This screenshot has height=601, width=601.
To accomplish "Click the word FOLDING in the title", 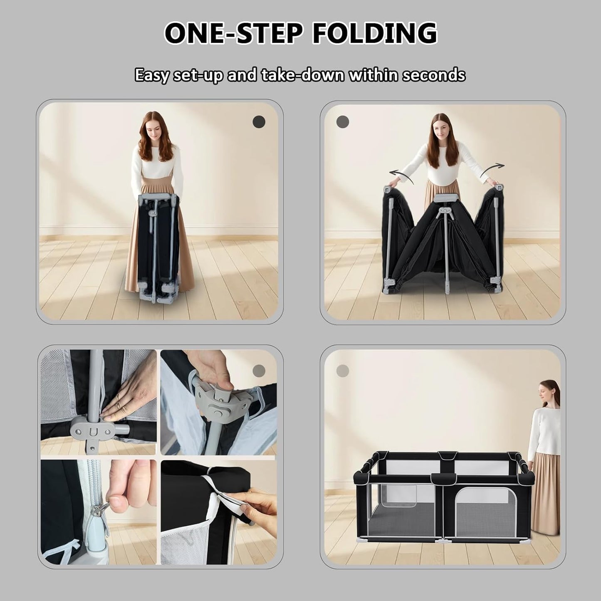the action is pyautogui.click(x=375, y=33).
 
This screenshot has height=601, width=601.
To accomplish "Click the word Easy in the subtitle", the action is pyautogui.click(x=153, y=76).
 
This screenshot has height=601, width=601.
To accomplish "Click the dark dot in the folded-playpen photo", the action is pyautogui.click(x=259, y=121).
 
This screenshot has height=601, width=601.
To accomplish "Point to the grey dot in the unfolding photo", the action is pyautogui.click(x=342, y=121).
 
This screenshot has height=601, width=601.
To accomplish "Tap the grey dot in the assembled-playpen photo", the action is pyautogui.click(x=342, y=371).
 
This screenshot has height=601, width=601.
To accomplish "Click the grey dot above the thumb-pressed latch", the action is pyautogui.click(x=259, y=371).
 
